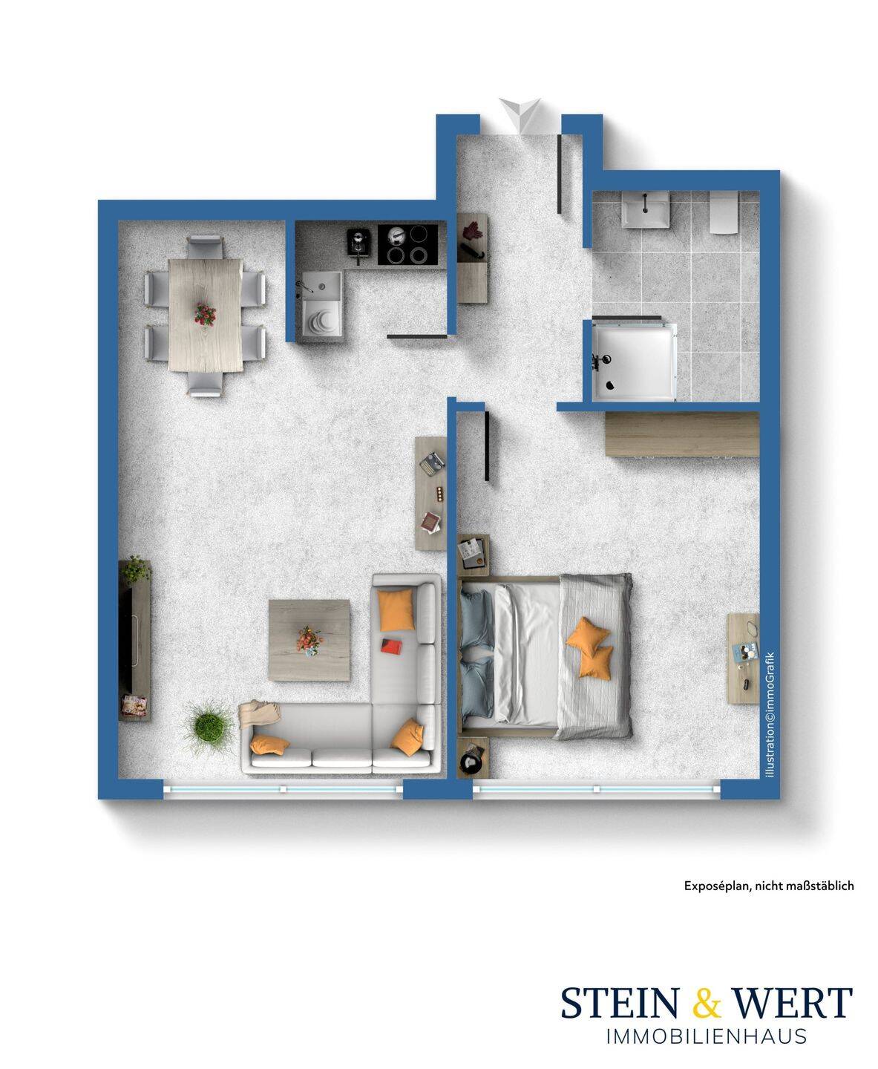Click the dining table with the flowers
click(x=205, y=316)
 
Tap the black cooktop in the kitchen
click(x=408, y=244)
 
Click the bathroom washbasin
click(x=646, y=209)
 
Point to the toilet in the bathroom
click(x=724, y=212)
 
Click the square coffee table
click(x=309, y=640)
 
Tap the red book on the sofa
click(x=391, y=644)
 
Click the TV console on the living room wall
click(x=134, y=640)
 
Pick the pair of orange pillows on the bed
click(x=590, y=647)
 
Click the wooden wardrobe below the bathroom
click(x=682, y=434)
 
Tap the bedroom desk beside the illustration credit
click(x=743, y=658)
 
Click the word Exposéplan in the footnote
click(x=716, y=886)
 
